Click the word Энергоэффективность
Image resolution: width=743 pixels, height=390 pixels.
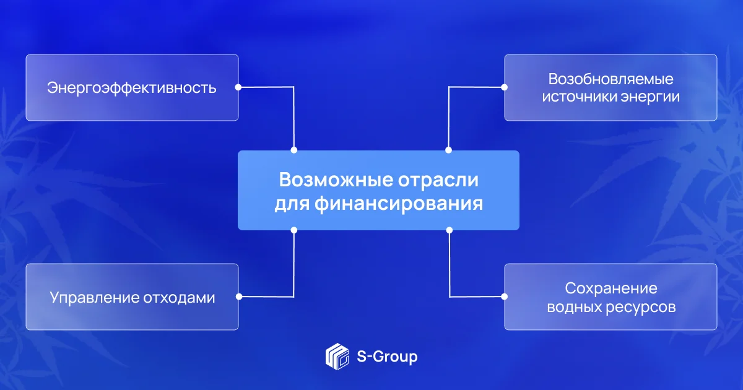pyautogui.click(x=132, y=88)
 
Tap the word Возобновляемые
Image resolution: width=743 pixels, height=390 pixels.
pyautogui.click(x=610, y=79)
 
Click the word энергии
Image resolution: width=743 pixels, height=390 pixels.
pyautogui.click(x=650, y=97)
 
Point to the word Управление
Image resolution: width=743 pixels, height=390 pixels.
pyautogui.click(x=94, y=298)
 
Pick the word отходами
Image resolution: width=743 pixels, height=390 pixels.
pyautogui.click(x=179, y=298)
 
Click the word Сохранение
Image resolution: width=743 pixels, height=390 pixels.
pyautogui.click(x=611, y=288)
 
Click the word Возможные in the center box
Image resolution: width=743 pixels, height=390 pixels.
pyautogui.click(x=336, y=180)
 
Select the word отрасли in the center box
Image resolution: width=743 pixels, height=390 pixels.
pyautogui.click(x=438, y=180)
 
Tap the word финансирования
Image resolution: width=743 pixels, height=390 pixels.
pyautogui.click(x=399, y=203)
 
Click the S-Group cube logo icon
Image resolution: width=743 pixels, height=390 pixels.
pyautogui.click(x=337, y=357)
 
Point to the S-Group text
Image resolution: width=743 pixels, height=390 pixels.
pyautogui.click(x=387, y=357)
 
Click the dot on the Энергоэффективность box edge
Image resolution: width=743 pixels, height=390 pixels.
pyautogui.click(x=238, y=87)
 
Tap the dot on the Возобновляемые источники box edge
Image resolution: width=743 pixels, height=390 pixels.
pyautogui.click(x=504, y=87)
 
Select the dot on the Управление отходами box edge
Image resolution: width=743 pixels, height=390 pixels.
pyautogui.click(x=239, y=297)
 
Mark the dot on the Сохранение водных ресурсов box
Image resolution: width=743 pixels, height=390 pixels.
pyautogui.click(x=504, y=297)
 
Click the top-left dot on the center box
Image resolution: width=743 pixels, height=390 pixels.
pyautogui.click(x=294, y=150)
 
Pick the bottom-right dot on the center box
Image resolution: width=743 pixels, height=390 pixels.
pyautogui.click(x=450, y=230)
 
